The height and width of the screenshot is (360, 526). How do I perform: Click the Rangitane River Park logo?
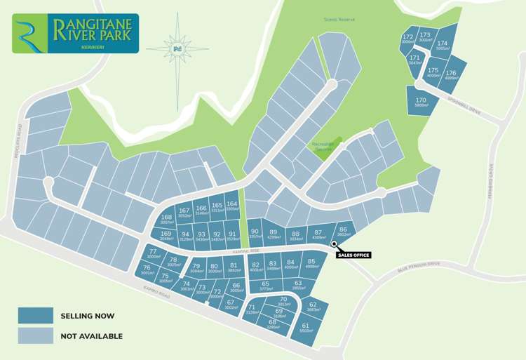(75, 33)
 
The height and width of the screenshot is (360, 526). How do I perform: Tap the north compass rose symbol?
(177, 48)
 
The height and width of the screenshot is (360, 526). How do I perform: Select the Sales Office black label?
(353, 255)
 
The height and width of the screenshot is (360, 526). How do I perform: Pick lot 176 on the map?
(451, 76)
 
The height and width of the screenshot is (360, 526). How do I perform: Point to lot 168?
(166, 220)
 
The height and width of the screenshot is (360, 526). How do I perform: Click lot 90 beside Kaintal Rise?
(255, 234)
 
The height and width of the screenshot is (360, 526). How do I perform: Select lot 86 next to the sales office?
(343, 232)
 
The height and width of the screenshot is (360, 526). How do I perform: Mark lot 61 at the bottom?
(306, 328)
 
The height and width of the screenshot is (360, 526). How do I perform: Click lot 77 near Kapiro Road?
(153, 253)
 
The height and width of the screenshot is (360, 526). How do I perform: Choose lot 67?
(230, 305)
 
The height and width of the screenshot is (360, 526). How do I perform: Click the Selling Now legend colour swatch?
(36, 316)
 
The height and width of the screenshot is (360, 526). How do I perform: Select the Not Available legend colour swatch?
(36, 336)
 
